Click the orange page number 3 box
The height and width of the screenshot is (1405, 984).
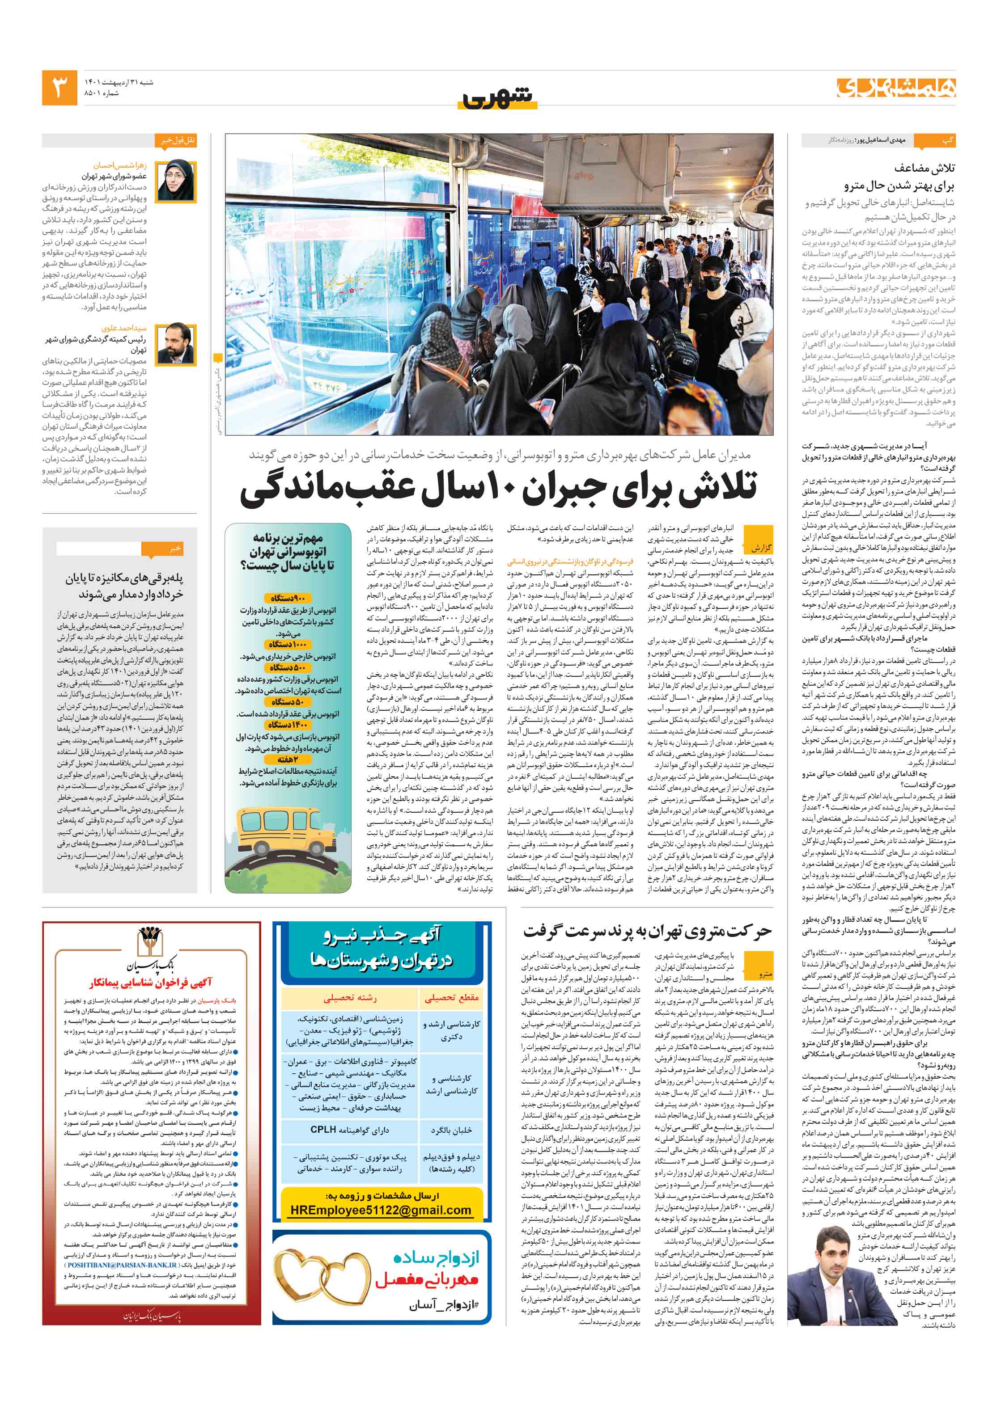coord(59,88)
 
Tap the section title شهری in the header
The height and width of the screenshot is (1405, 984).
coord(497,97)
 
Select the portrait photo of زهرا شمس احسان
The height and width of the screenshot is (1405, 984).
coord(176,181)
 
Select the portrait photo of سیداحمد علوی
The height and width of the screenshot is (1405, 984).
coord(176,343)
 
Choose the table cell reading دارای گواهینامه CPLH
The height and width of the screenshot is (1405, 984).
coord(349,1130)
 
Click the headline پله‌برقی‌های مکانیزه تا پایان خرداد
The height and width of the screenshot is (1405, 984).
coord(124,586)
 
